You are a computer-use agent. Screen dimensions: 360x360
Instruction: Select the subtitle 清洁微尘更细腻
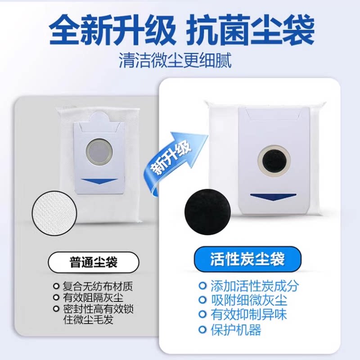(175, 61)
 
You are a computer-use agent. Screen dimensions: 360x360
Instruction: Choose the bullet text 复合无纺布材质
(98, 286)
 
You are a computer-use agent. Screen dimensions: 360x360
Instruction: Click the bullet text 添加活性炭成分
(254, 286)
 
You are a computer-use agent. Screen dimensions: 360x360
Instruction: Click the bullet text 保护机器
(236, 330)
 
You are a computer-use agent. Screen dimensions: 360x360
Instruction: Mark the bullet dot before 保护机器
(202, 330)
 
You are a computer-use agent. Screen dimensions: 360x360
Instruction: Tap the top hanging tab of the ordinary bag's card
(98, 117)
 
